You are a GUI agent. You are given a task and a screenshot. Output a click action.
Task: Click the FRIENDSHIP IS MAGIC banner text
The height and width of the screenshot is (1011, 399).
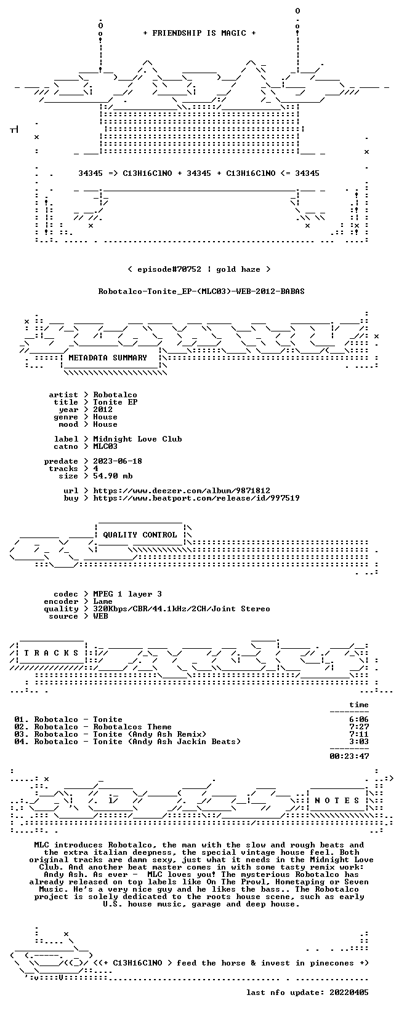[x=199, y=33]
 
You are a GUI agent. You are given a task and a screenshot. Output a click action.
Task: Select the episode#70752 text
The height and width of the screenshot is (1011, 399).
[x=169, y=269]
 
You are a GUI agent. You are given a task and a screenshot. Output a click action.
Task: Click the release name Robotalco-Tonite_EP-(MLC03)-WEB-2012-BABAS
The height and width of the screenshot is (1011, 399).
[x=201, y=291]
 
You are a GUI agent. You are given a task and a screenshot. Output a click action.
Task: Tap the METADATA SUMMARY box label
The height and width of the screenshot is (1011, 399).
[x=108, y=358]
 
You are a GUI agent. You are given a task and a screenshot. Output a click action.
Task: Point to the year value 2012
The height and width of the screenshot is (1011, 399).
[x=103, y=410]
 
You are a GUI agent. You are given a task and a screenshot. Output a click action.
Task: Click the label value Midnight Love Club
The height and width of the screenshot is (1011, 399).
[x=137, y=439]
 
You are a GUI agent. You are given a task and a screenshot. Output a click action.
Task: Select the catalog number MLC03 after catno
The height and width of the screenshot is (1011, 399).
[x=105, y=446]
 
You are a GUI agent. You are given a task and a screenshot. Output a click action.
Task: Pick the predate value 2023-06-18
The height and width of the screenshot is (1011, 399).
[x=118, y=461]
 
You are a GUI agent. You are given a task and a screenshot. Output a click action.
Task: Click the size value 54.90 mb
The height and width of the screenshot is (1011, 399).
[x=113, y=476]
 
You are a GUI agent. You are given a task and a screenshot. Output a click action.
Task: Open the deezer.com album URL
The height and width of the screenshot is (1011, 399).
[x=182, y=491]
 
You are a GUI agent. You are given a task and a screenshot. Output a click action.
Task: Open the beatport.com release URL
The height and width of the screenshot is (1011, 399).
[x=196, y=498]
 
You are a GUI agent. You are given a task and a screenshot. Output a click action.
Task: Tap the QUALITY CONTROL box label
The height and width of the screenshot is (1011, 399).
[x=140, y=535]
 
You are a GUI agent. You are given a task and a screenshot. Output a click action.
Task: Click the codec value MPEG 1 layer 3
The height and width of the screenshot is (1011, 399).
[x=127, y=594]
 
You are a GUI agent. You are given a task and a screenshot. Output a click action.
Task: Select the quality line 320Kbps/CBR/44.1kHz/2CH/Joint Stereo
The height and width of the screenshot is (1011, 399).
[x=182, y=609]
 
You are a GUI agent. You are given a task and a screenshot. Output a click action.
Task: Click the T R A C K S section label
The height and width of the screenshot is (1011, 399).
[x=51, y=652]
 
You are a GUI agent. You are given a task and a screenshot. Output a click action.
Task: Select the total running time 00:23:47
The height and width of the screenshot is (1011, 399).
[x=349, y=756]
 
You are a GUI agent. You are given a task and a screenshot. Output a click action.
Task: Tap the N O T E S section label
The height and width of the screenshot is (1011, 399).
[x=337, y=800]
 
